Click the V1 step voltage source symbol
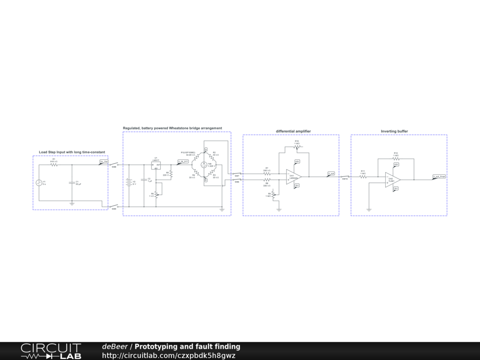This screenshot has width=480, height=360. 39,183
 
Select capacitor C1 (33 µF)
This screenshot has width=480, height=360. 72,182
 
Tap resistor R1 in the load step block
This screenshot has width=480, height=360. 54,165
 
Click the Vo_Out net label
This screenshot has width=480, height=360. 104,162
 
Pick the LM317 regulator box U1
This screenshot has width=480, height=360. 156,166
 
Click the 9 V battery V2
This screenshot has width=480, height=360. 128,183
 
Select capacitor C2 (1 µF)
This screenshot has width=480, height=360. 143,180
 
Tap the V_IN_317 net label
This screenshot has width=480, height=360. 183,162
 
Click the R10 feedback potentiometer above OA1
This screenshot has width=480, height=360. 296,147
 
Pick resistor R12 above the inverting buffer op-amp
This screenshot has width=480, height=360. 396,158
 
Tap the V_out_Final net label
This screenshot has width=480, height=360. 439,177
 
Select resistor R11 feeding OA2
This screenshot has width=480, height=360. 363,177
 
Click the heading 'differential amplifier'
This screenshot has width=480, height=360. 293,131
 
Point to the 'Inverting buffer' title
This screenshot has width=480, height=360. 394,131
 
